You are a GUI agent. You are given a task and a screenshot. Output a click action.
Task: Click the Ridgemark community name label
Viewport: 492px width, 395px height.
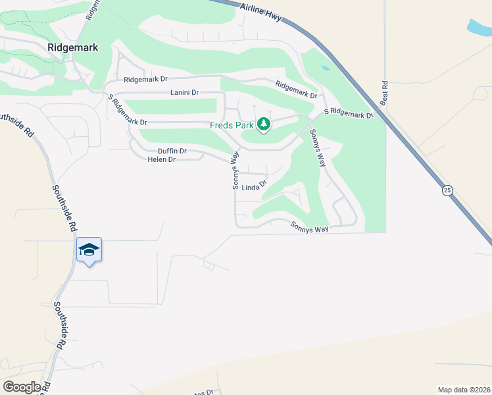click(72, 47)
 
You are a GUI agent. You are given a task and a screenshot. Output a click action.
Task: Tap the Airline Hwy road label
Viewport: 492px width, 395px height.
click(262, 11)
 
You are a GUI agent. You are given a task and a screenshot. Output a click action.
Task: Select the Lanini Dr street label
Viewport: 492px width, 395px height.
click(184, 93)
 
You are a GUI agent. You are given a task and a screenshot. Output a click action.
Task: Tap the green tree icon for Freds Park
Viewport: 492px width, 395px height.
click(264, 124)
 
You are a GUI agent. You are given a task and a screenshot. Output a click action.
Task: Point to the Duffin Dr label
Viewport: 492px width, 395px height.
click(172, 151)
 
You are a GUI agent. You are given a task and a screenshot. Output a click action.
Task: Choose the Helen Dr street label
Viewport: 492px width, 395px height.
click(162, 159)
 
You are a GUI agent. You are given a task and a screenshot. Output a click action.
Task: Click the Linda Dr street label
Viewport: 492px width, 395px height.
click(254, 187)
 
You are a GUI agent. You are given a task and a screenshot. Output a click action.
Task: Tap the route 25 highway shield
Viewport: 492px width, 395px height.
click(447, 190)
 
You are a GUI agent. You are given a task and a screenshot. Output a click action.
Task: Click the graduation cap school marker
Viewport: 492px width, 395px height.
click(89, 250)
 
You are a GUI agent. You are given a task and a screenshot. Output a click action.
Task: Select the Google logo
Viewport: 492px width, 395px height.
click(22, 386)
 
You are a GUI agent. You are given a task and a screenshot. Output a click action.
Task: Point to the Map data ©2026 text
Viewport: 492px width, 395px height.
click(463, 390)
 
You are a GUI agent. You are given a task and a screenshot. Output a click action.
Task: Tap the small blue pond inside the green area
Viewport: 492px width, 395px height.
click(326, 68)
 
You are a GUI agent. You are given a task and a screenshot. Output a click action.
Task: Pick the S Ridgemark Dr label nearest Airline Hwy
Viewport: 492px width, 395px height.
click(351, 113)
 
